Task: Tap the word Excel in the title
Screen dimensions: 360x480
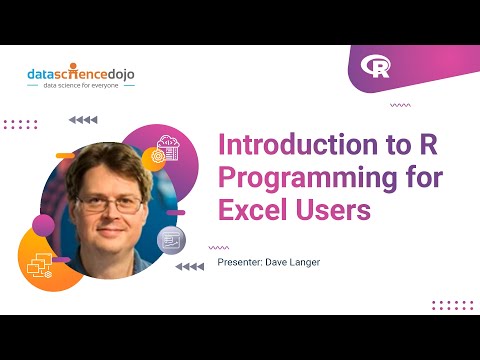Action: pyautogui.click(x=249, y=211)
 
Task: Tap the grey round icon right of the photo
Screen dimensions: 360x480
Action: pyautogui.click(x=171, y=239)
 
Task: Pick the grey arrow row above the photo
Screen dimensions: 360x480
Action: pyautogui.click(x=82, y=120)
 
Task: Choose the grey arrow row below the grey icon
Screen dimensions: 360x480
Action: pyautogui.click(x=189, y=267)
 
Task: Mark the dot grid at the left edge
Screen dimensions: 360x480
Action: pyautogui.click(x=19, y=125)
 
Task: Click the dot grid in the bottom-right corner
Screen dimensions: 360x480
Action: pyautogui.click(x=451, y=304)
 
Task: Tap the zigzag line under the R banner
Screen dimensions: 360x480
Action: pyautogui.click(x=400, y=104)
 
